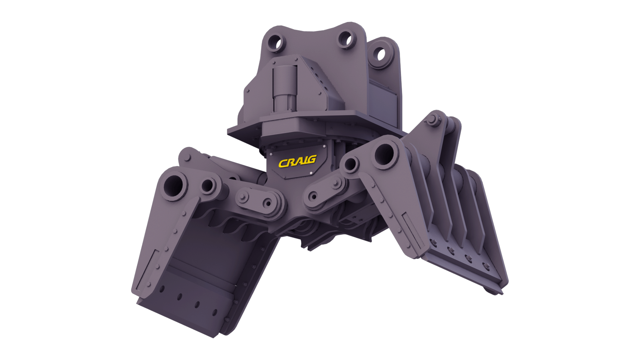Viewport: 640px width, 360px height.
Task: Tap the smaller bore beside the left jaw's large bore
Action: click(x=208, y=186)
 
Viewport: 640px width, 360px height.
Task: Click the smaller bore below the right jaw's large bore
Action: click(x=350, y=165)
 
